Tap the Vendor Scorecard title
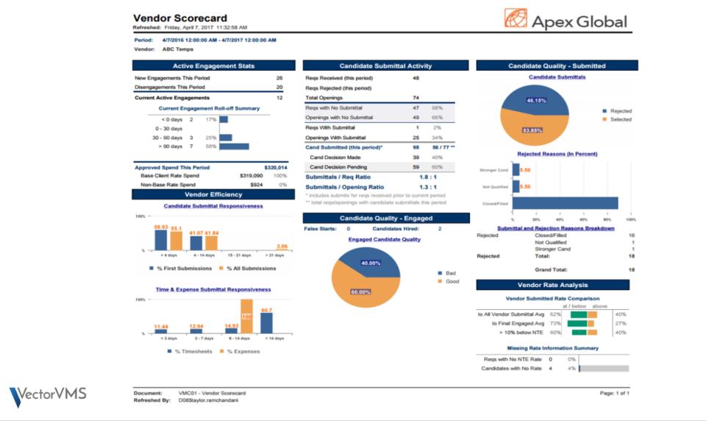pos(180,18)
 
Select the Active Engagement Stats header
pos(213,66)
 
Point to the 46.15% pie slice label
pos(536,100)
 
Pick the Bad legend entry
pos(449,272)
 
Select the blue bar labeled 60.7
pos(266,322)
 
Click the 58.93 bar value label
pos(161,227)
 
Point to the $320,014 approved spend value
pos(276,168)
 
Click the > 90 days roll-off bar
pos(234,146)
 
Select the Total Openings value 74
pos(416,98)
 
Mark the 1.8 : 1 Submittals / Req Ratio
pos(419,177)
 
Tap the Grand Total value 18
pos(631,270)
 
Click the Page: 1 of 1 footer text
pos(614,394)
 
